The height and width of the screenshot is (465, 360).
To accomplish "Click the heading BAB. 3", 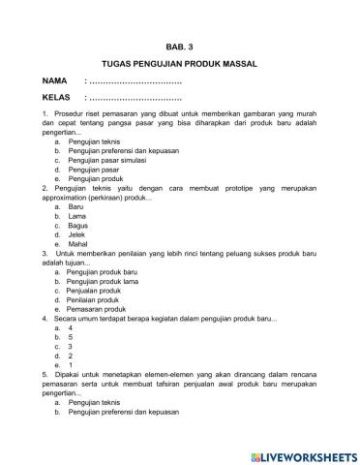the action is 179,45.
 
